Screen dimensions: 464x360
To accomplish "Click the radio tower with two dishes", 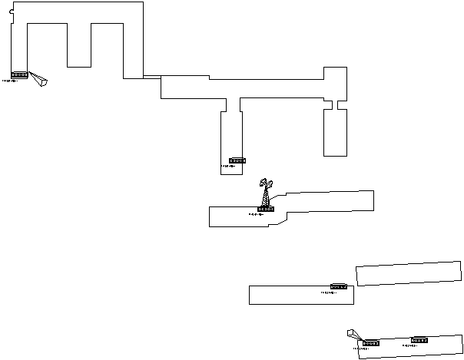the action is click(x=266, y=193).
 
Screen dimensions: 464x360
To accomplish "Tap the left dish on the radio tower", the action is click(x=263, y=183).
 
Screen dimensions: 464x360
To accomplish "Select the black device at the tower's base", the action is click(x=266, y=209).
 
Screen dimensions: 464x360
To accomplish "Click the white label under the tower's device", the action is click(x=265, y=215).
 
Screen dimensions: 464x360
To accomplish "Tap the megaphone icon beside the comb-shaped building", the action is click(x=38, y=80).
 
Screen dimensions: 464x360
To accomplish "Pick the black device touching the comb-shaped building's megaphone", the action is click(x=20, y=75).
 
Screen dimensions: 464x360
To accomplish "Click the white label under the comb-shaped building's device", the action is click(x=18, y=81).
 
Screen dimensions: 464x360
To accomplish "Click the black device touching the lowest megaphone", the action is click(x=371, y=343).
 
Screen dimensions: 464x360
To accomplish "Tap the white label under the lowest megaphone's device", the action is click(x=370, y=348).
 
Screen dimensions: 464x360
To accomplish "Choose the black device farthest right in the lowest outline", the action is click(x=419, y=340).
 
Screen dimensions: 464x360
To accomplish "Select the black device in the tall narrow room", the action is click(x=237, y=161).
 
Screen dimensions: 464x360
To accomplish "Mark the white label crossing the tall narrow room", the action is click(x=237, y=167).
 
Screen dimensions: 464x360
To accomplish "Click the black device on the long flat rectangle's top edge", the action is click(x=339, y=287).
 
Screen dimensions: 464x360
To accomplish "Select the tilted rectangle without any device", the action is click(x=409, y=273).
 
